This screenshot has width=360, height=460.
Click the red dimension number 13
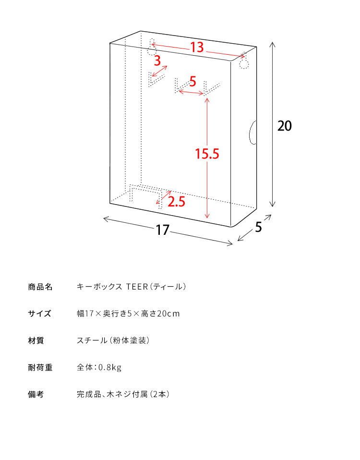tap(197, 47)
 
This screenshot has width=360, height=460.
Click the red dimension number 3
tap(157, 61)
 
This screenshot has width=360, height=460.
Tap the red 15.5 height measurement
tap(207, 154)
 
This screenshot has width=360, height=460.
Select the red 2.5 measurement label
tap(177, 202)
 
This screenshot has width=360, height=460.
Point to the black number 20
tap(285, 126)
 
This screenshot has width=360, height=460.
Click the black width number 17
tap(162, 230)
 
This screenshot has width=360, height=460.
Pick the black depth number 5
tap(258, 227)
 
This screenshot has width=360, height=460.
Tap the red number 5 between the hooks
tap(192, 81)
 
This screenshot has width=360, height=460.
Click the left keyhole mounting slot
tap(151, 47)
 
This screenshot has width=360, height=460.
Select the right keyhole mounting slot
tap(244, 61)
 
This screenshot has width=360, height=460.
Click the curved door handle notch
tap(252, 133)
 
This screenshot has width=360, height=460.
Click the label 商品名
tap(40, 287)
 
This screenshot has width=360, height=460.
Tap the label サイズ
tap(39, 314)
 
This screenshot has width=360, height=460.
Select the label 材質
tap(36, 340)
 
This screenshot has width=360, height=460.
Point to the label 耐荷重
tap(40, 367)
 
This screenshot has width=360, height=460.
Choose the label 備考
tap(36, 394)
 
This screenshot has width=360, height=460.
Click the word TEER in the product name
tap(137, 287)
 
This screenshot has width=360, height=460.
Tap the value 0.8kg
tap(110, 367)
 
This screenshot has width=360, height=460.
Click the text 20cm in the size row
tap(168, 314)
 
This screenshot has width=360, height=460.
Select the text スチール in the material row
tap(92, 340)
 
